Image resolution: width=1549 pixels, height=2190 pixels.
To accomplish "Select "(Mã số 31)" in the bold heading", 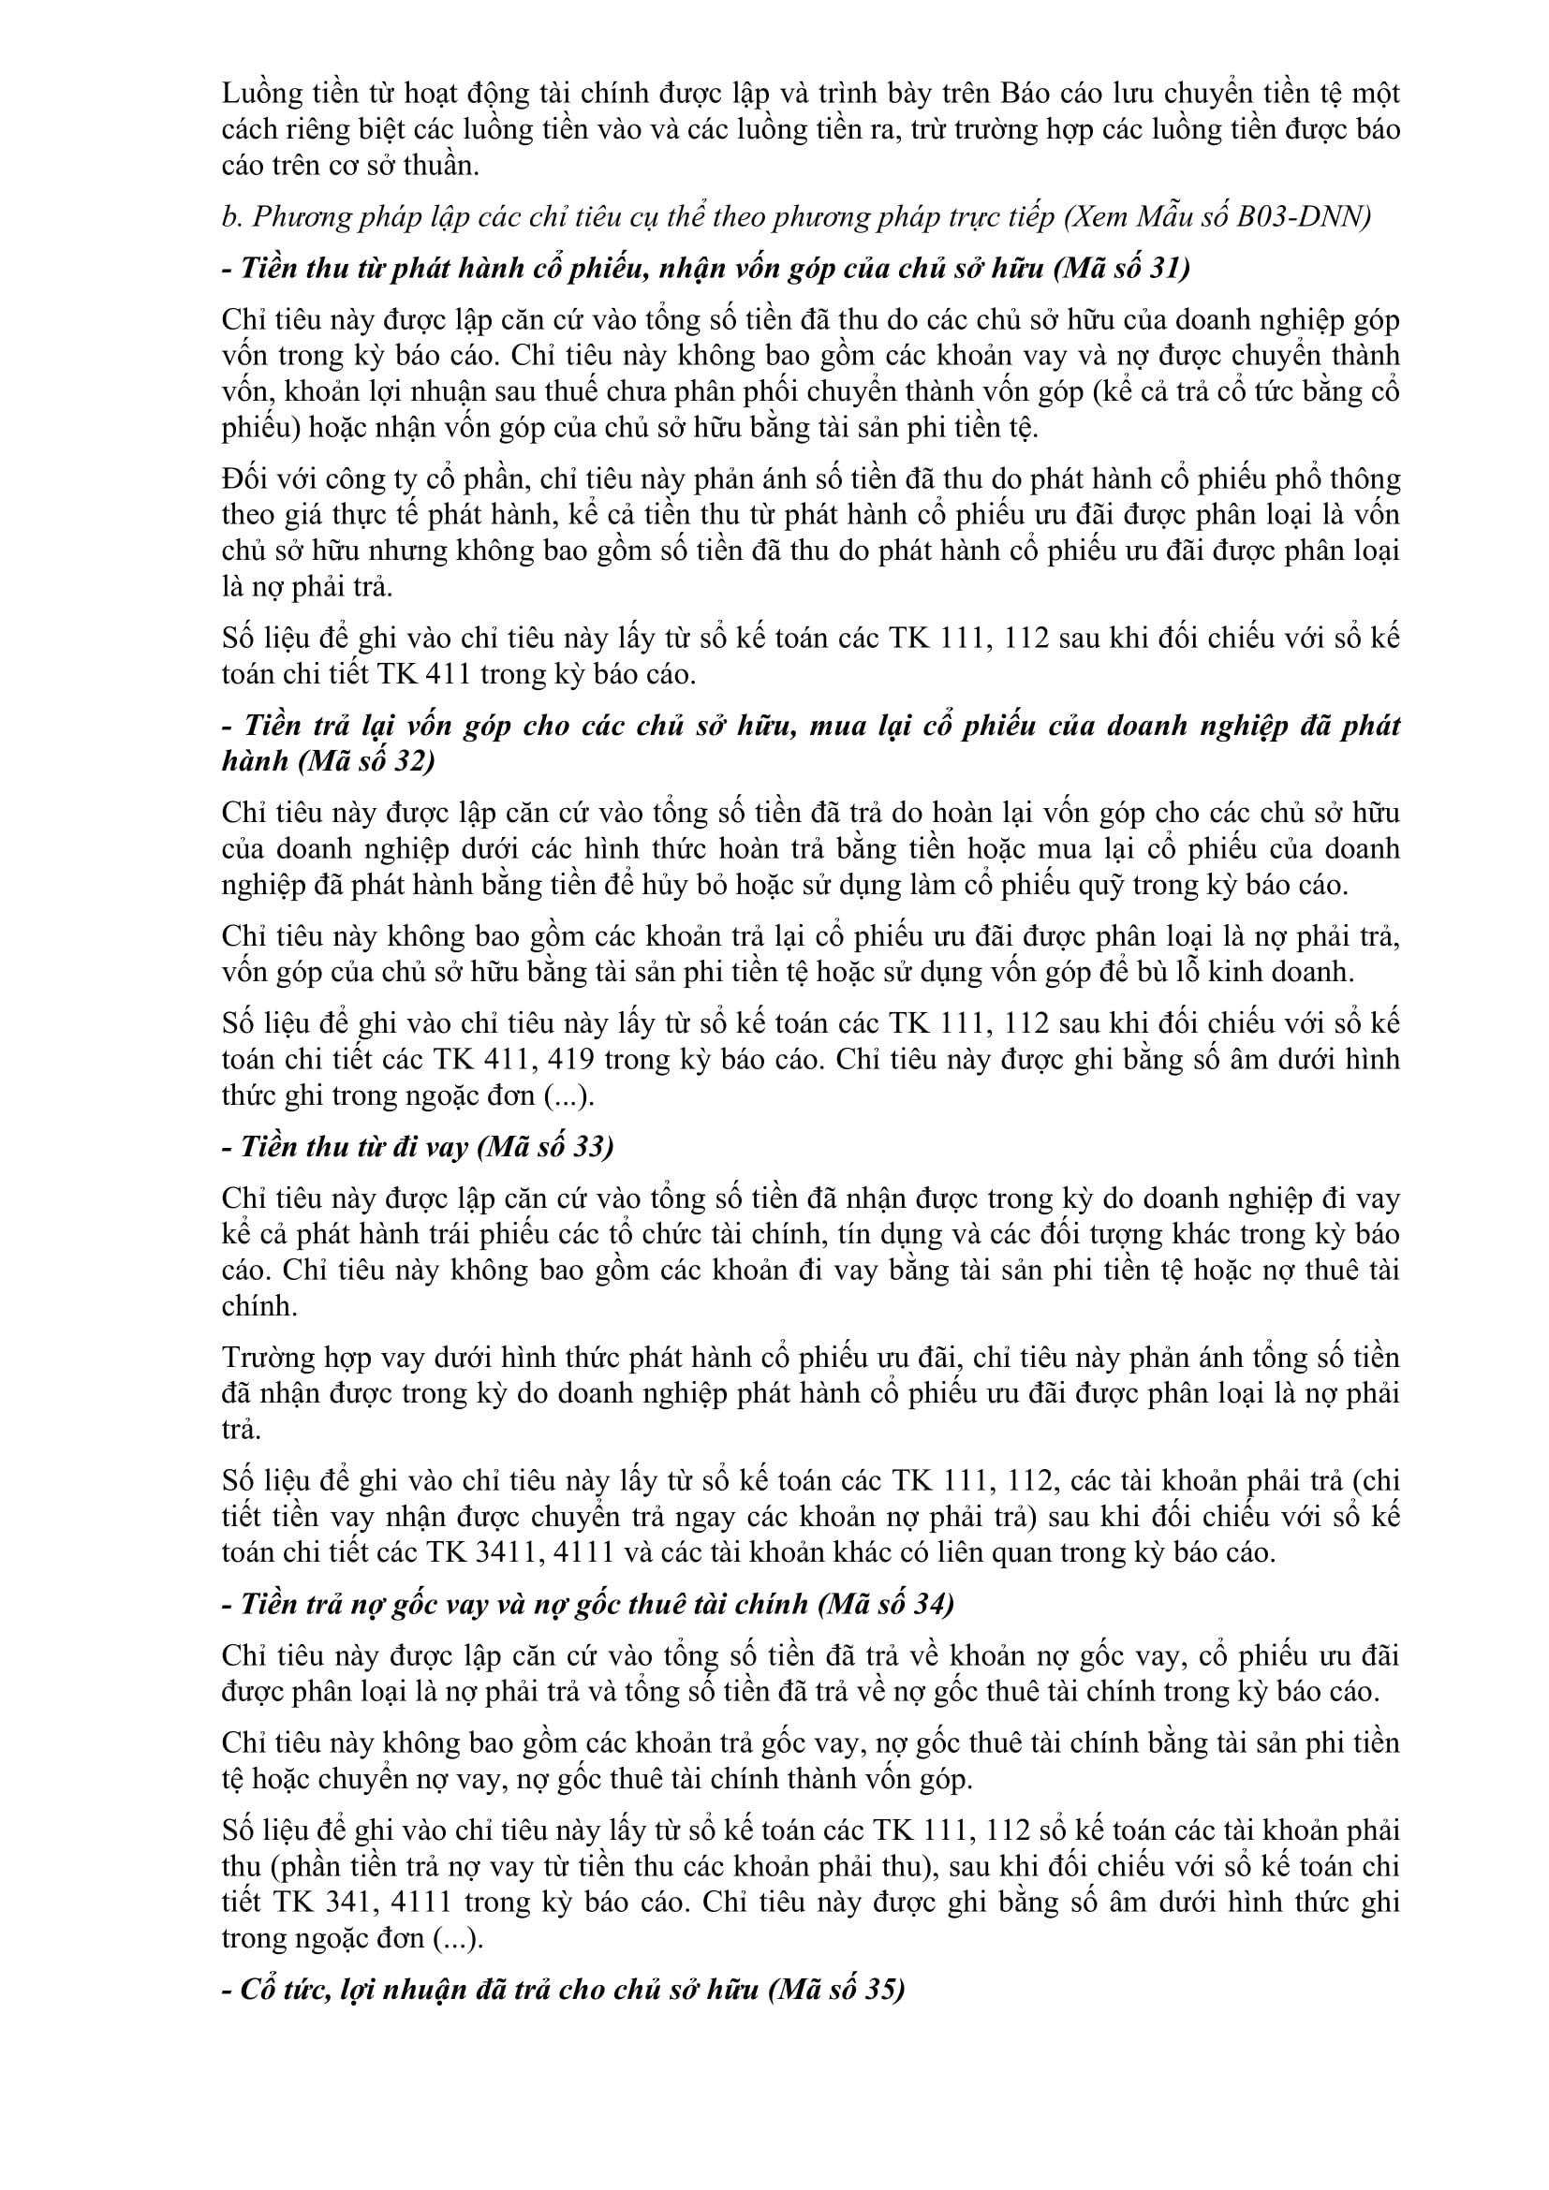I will [1122, 268].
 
